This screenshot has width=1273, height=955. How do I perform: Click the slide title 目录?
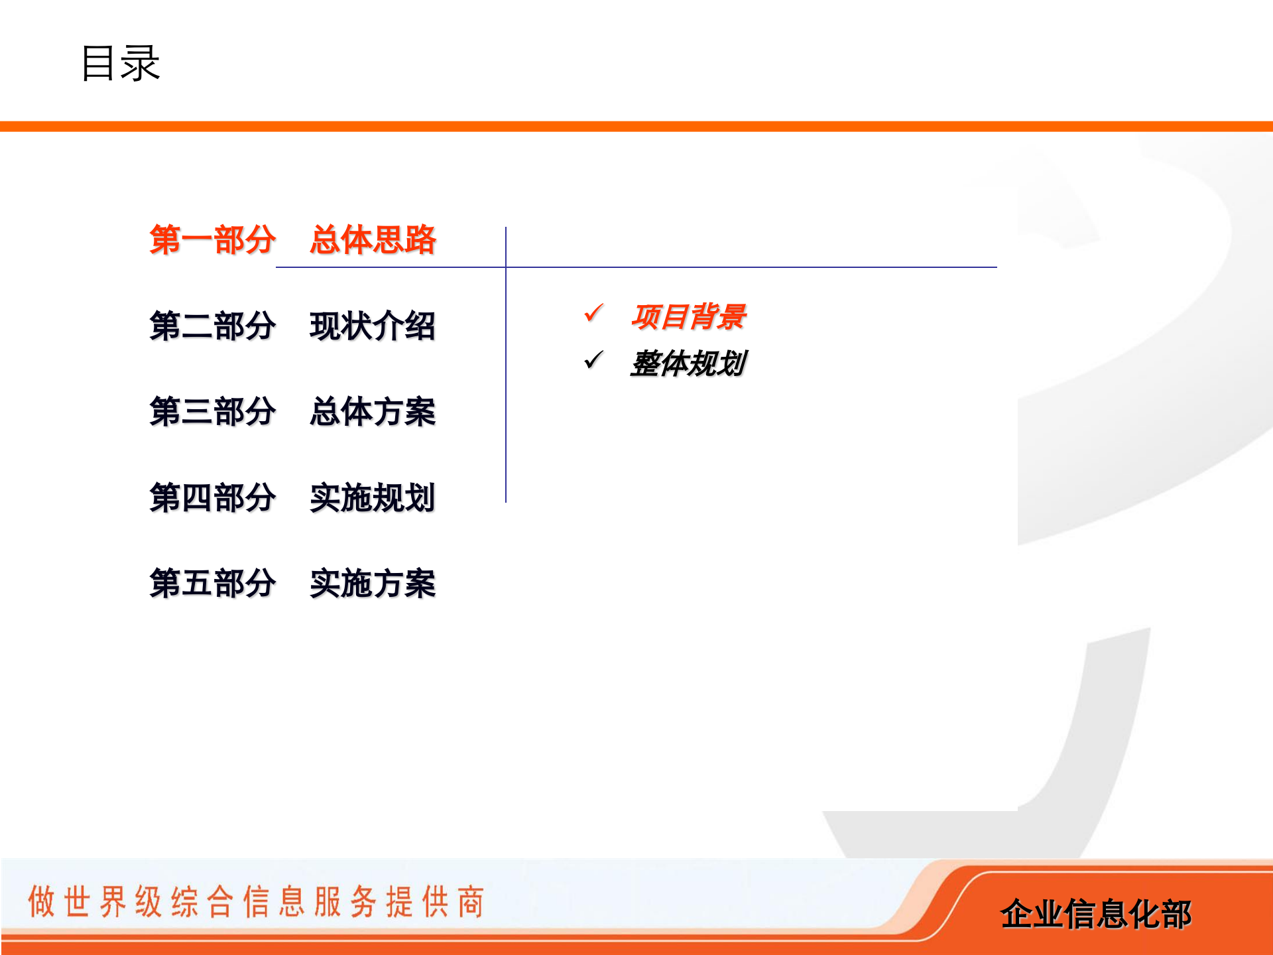[120, 64]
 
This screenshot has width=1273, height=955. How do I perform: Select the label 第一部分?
[212, 239]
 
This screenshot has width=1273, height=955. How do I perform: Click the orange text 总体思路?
[373, 239]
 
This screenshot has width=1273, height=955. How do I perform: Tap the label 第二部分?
[212, 326]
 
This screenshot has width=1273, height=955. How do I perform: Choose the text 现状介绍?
[373, 326]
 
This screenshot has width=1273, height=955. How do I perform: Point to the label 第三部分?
[212, 411]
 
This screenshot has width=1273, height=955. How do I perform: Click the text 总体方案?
[373, 411]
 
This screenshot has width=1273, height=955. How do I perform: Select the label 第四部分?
[212, 497]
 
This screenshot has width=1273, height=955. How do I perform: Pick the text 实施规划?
[373, 497]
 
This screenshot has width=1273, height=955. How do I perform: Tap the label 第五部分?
[212, 584]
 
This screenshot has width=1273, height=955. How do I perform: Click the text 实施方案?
[373, 584]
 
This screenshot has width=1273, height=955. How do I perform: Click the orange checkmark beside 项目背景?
[593, 312]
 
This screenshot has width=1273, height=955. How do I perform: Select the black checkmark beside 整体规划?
[593, 360]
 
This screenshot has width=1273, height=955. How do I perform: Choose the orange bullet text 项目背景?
[688, 316]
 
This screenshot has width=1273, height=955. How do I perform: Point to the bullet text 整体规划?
[688, 363]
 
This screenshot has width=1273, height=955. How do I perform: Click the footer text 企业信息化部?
[1095, 914]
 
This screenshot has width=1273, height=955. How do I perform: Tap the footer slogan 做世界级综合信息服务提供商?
[256, 901]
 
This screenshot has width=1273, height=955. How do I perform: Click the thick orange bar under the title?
[636, 127]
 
